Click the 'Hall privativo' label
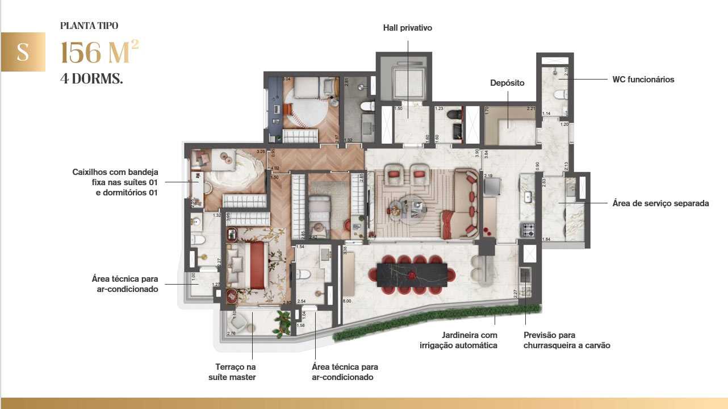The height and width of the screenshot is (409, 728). point(407,28)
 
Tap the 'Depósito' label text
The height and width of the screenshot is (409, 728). point(507,83)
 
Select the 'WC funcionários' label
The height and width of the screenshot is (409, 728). point(643,80)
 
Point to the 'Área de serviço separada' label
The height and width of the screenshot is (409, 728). point(660,203)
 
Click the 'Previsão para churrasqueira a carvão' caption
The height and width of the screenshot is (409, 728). point(567,340)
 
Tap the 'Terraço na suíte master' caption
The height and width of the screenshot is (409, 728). point(235,372)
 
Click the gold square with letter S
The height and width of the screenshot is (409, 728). point(23,52)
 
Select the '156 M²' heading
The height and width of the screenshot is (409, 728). point(99,52)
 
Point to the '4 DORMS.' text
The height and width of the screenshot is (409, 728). point(91,78)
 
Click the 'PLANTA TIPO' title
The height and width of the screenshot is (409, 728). point(89,26)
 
